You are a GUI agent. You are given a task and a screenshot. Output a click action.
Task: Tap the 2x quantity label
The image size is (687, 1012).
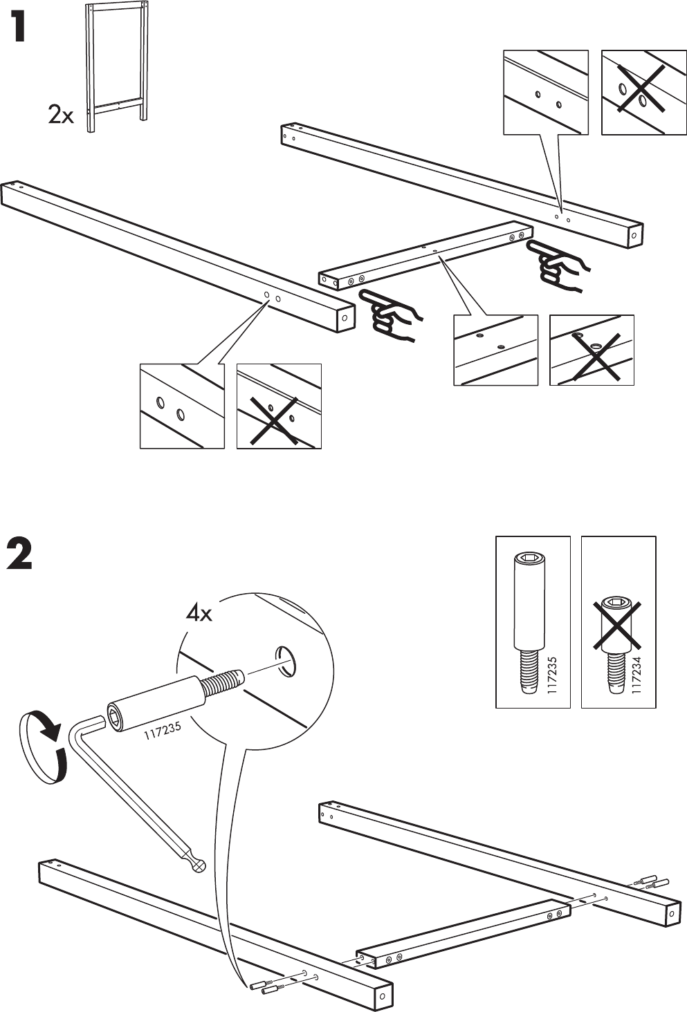click(60, 114)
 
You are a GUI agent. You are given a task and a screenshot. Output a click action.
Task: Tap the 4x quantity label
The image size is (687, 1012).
click(199, 612)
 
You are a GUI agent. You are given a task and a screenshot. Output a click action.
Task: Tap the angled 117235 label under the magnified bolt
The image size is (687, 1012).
click(163, 731)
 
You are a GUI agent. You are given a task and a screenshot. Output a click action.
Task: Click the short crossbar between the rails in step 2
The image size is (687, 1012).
click(464, 933)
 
